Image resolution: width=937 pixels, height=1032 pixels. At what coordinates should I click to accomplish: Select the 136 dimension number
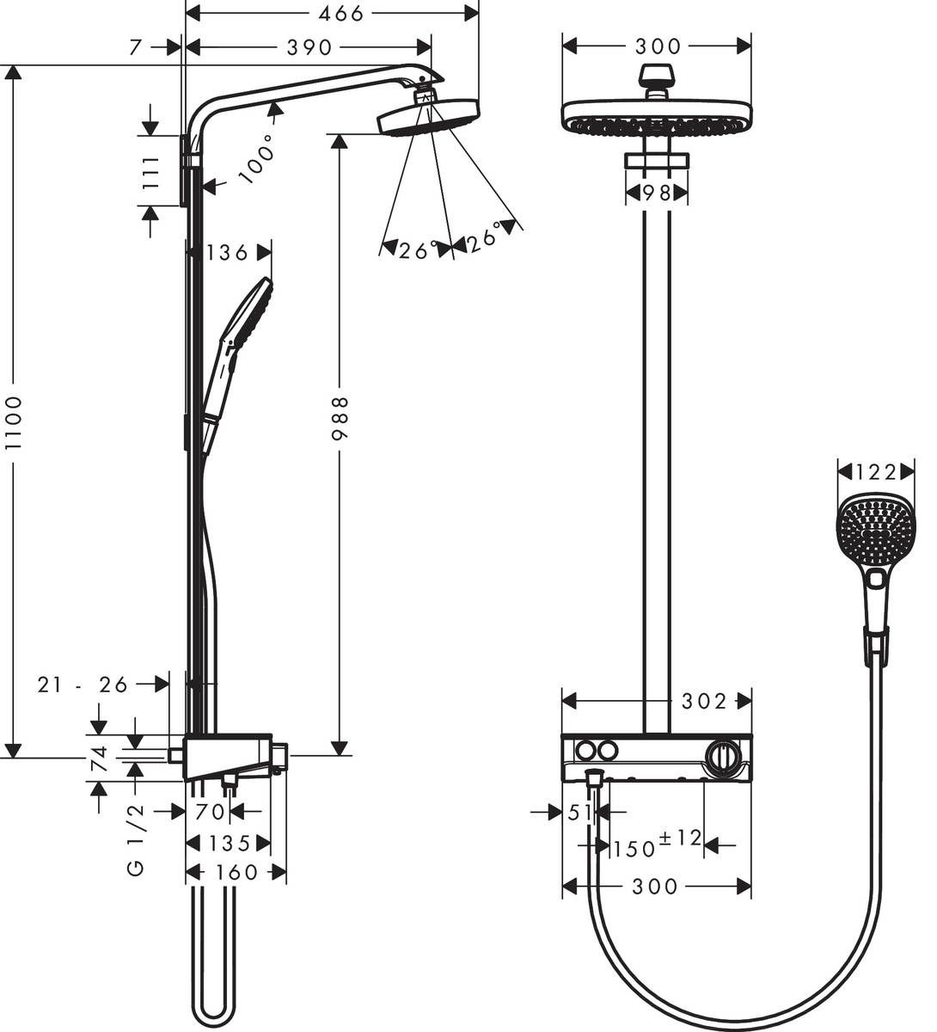(x=227, y=252)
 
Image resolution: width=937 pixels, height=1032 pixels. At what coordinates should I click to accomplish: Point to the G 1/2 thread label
(x=138, y=841)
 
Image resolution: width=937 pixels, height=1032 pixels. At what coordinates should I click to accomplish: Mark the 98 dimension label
(x=657, y=193)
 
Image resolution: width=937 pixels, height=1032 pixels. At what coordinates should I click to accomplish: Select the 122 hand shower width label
(x=875, y=471)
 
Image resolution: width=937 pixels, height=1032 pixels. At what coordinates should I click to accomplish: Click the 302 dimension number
(x=704, y=701)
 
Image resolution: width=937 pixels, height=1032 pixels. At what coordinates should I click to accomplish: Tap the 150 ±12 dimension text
(x=657, y=845)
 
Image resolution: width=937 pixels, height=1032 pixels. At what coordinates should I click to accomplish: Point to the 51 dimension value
(x=581, y=811)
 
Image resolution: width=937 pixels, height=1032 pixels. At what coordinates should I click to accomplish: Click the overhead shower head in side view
(x=427, y=116)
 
